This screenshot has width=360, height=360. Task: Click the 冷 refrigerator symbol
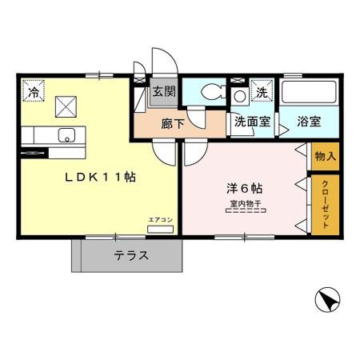tap(34, 92)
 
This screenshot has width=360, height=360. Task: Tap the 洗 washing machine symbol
tap(262, 92)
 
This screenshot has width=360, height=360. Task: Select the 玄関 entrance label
tap(164, 91)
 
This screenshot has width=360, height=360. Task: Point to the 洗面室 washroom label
tap(251, 122)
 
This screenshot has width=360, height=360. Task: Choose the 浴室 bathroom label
tap(308, 122)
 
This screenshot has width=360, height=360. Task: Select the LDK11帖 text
tap(99, 178)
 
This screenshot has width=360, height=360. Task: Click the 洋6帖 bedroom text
tap(243, 190)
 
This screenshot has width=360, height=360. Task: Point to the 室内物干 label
tap(243, 203)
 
